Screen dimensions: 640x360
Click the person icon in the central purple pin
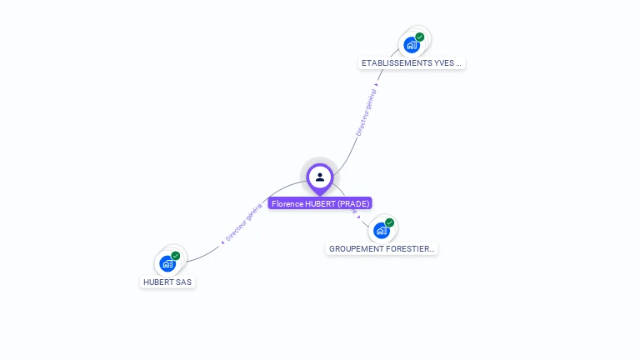(320, 177)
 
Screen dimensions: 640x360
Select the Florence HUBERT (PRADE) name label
(320, 203)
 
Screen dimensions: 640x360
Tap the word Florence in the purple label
(287, 203)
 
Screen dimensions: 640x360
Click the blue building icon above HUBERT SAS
(167, 263)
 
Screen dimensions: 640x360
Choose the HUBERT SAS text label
(167, 282)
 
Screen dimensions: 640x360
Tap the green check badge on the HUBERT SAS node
(176, 256)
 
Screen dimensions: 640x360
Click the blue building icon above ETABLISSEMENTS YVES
(411, 44)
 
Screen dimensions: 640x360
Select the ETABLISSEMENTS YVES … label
(411, 63)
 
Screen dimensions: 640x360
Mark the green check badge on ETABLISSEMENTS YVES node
(420, 37)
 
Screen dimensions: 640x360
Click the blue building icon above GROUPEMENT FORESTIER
(381, 230)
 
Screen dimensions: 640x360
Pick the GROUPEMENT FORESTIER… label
(382, 249)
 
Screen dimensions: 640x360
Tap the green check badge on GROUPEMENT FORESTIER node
(390, 222)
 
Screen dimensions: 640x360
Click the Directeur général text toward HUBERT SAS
(243, 222)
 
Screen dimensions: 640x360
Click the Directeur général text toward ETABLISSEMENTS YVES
(367, 112)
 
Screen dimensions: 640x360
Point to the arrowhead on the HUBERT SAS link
(222, 242)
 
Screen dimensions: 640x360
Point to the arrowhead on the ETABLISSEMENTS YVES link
(377, 84)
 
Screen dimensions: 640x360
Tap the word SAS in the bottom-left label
(183, 282)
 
